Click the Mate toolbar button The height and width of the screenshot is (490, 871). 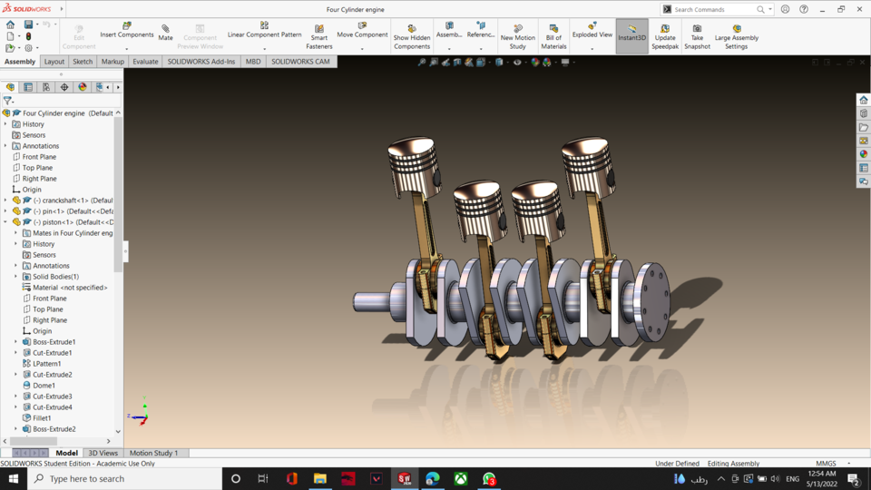coord(165,33)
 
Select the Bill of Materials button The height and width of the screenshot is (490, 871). coord(553,36)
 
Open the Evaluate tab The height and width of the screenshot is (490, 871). coord(145,62)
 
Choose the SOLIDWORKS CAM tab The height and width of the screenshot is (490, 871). coord(301,62)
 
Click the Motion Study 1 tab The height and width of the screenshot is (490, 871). coord(153,453)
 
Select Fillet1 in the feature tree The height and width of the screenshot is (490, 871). coord(42,418)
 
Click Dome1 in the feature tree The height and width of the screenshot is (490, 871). coord(44,386)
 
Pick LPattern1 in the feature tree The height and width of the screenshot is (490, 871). coord(46,364)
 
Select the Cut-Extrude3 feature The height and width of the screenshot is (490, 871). coord(52,397)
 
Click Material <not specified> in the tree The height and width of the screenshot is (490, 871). coord(70,288)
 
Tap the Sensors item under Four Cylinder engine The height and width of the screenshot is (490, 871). coord(34,135)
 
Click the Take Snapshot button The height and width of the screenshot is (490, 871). coord(697,36)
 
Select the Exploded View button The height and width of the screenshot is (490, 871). coord(592,34)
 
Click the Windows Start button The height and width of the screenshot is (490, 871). coord(14,478)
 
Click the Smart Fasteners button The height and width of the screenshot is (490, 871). coord(318,36)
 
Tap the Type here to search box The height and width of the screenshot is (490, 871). coord(127,478)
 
